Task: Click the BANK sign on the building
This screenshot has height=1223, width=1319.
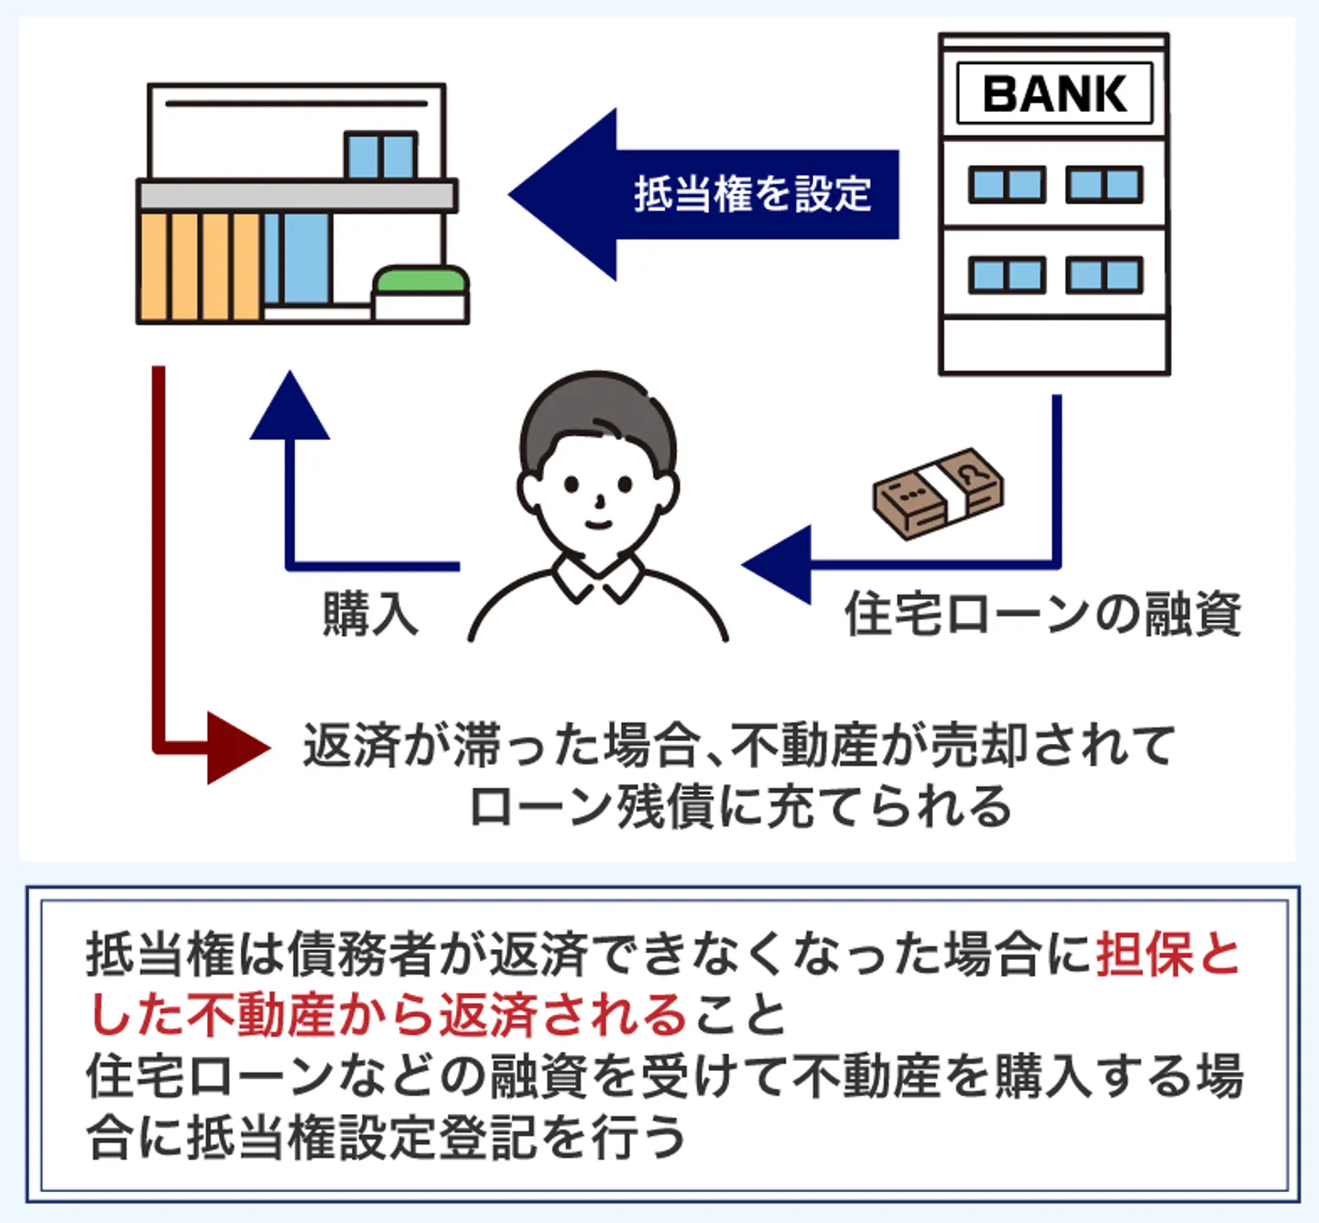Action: (1054, 93)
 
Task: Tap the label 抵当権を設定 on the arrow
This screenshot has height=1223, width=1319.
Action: (752, 194)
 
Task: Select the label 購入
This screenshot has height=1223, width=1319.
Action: (370, 614)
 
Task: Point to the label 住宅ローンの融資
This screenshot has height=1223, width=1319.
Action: (1042, 614)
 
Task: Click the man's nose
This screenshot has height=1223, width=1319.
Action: (599, 502)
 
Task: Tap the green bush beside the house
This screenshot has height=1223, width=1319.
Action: (420, 279)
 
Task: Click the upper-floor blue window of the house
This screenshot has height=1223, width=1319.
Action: (380, 156)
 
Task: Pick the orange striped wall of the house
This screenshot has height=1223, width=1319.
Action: (199, 267)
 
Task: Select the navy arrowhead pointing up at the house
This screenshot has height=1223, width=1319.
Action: (289, 409)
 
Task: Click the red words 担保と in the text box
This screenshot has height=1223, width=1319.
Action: (1168, 955)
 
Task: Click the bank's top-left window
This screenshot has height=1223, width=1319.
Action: (1007, 185)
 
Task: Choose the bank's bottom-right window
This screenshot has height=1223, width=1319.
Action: (1104, 275)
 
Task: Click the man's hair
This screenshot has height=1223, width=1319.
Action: (595, 412)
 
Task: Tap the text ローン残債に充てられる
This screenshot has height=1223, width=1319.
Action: (740, 806)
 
